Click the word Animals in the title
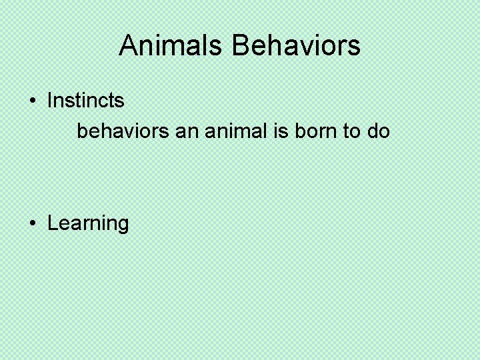point(173,46)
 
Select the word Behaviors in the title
point(297,46)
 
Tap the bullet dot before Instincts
point(33,101)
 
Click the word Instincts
point(86,101)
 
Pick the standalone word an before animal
point(187,131)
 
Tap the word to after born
point(351,131)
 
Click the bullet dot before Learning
point(33,223)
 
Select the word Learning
point(88,223)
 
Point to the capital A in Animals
point(128,46)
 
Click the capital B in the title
point(241,46)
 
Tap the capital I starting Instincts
point(50,101)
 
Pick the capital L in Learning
point(53,223)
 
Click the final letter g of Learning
point(123,225)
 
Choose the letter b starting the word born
point(297,131)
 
